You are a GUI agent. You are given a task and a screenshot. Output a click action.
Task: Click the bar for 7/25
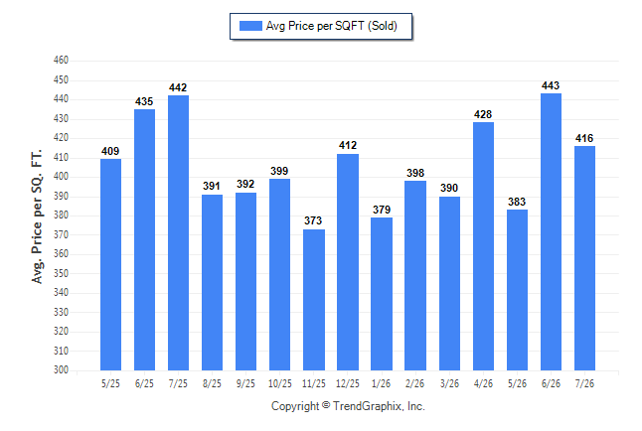pos(178,233)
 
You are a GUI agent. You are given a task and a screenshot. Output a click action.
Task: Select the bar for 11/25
pos(314,300)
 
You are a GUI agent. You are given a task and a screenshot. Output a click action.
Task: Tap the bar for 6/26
pos(551,231)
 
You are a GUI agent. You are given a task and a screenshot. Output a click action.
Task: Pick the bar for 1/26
pos(382,294)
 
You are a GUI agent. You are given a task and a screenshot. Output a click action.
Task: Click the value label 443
pos(551,85)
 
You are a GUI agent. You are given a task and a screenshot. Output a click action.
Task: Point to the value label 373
pos(313,221)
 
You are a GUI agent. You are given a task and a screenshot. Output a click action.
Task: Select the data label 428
pos(483,114)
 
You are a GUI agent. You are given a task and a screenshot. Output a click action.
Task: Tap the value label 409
pos(110,151)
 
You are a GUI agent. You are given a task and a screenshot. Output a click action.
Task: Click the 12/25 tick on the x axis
pos(347,383)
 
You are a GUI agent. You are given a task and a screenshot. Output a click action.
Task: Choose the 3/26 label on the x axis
pos(449,383)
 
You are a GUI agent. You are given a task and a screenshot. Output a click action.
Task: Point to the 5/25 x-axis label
pos(110,383)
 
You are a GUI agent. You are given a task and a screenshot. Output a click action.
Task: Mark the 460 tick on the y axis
pos(61,61)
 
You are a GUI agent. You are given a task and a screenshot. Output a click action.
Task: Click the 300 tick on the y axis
pos(61,370)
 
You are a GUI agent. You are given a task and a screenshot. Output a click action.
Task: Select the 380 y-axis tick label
pos(61,215)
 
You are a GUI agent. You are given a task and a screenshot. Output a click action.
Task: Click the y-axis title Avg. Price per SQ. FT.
pos(37,216)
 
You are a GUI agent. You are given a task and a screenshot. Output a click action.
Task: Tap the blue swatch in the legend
pos(250,26)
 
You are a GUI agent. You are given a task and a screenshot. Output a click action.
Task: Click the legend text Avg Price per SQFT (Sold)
pos(331,26)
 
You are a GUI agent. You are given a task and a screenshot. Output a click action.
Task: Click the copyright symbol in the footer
pos(326,405)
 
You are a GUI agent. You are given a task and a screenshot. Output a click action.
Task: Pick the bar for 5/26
pos(517,290)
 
